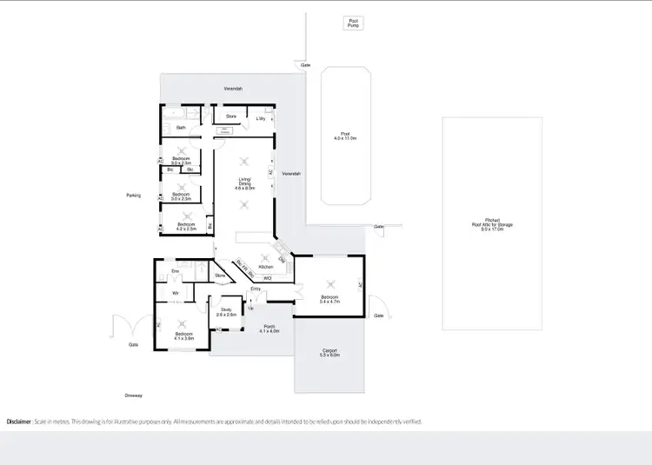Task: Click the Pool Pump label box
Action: [353, 23]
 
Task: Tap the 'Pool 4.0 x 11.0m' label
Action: [346, 137]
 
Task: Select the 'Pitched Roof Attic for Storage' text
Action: [492, 224]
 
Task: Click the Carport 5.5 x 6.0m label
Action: [329, 353]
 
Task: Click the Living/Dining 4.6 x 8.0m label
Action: [244, 184]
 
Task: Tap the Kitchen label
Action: [254, 266]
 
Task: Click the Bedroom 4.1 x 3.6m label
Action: [183, 335]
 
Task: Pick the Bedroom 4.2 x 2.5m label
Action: [187, 227]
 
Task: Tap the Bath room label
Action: [181, 128]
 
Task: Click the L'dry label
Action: [260, 118]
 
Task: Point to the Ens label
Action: [175, 272]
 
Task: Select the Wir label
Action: [176, 293]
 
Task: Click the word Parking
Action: [133, 196]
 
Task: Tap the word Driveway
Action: [133, 395]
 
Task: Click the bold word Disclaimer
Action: [19, 421]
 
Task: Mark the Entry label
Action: [256, 289]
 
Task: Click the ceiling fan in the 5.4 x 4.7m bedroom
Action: [330, 282]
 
